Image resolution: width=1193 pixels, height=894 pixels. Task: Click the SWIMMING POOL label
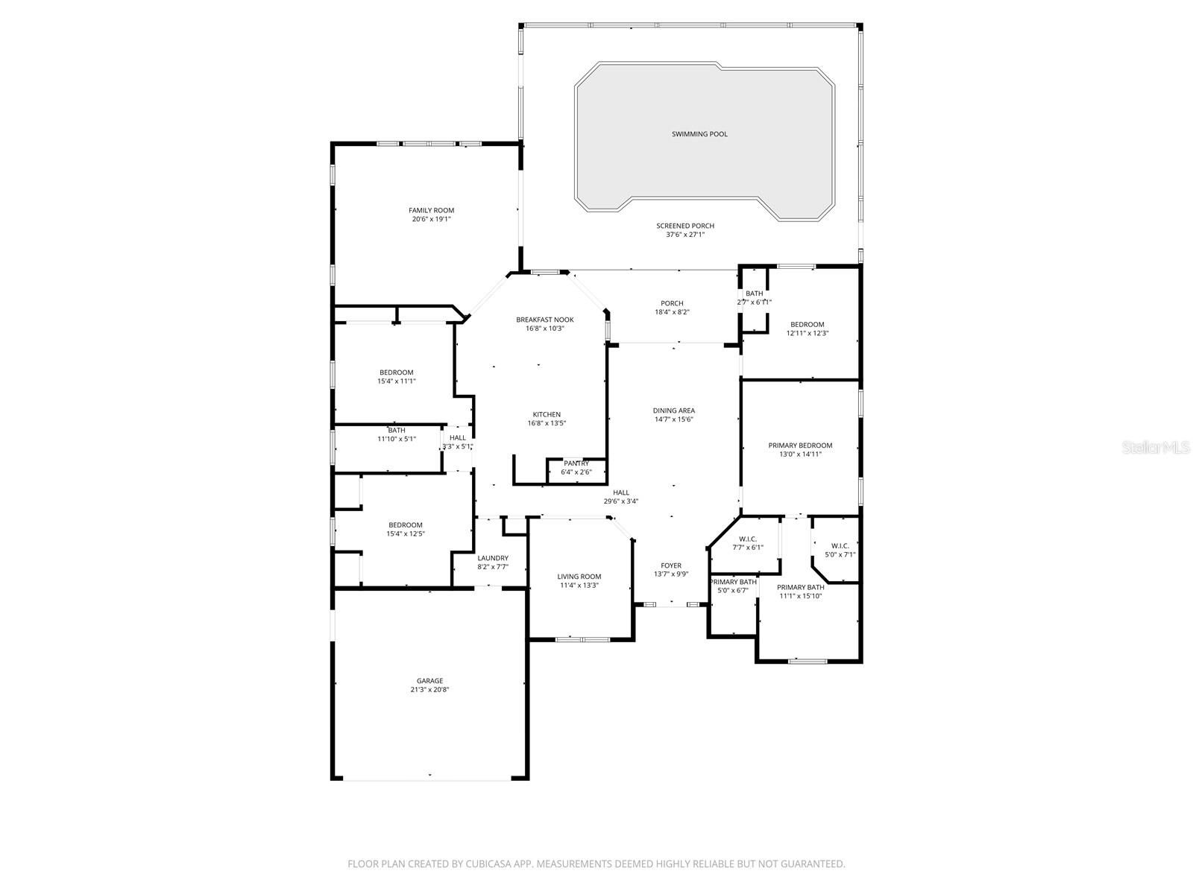(x=699, y=134)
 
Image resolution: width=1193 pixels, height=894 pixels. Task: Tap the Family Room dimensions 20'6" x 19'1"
(x=431, y=220)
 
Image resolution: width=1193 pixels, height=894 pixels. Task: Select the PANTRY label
(x=576, y=463)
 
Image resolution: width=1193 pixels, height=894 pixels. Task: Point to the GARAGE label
(x=429, y=681)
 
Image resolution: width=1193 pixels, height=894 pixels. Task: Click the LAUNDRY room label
(x=493, y=558)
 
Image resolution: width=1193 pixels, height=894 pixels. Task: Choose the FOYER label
(x=671, y=565)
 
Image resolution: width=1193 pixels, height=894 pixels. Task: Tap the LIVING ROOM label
(x=579, y=577)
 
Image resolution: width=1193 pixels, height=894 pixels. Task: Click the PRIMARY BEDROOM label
(x=800, y=446)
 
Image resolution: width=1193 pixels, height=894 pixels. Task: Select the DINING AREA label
(x=674, y=410)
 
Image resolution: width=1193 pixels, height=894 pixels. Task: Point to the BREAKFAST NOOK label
(x=545, y=320)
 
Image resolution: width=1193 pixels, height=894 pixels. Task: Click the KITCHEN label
(x=547, y=415)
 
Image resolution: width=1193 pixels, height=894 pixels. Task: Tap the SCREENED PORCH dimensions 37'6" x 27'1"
(x=685, y=235)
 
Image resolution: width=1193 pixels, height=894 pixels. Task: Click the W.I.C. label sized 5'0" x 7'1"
(x=840, y=546)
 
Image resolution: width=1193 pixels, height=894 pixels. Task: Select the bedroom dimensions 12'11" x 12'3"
(x=808, y=334)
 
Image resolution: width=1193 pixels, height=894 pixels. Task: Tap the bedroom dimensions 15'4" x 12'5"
(x=405, y=534)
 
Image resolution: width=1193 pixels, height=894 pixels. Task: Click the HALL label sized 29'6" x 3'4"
(x=621, y=492)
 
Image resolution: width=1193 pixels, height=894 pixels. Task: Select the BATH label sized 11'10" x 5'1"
(x=397, y=431)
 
